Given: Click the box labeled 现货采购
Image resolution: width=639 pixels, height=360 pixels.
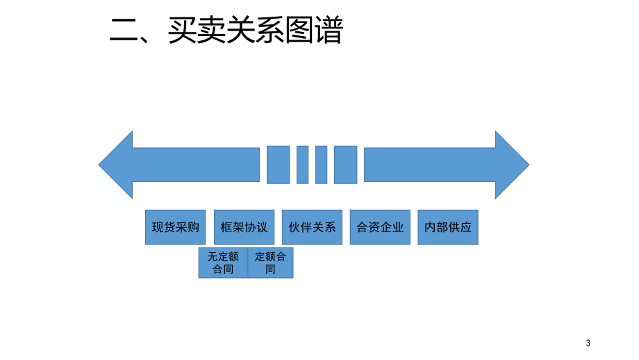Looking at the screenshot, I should click(x=176, y=227).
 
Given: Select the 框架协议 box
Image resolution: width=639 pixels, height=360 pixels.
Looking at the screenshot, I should click(x=244, y=227).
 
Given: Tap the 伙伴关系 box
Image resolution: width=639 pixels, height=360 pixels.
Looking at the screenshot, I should click(x=312, y=227).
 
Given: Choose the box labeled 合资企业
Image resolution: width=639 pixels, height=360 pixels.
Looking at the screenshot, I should click(x=380, y=227).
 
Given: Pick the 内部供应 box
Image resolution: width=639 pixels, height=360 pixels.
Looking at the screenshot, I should click(x=448, y=227).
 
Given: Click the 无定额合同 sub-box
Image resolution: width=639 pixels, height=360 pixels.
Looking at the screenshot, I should click(x=223, y=263).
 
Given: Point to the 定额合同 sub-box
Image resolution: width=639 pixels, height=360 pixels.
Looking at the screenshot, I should click(x=270, y=263).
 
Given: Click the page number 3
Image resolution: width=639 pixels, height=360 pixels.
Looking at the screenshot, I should click(x=588, y=343).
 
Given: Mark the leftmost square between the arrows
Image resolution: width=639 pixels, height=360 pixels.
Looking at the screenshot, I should click(x=278, y=165).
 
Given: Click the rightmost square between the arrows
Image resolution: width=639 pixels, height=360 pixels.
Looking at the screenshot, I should click(x=345, y=165).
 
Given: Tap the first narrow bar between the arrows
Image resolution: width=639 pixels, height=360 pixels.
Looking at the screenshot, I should click(x=302, y=165).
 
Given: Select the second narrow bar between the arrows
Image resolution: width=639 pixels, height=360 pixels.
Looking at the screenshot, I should click(x=321, y=165).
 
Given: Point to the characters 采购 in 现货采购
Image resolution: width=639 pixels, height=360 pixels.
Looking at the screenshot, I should click(x=188, y=227).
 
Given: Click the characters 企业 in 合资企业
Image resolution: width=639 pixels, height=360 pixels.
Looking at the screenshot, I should click(x=392, y=227).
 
